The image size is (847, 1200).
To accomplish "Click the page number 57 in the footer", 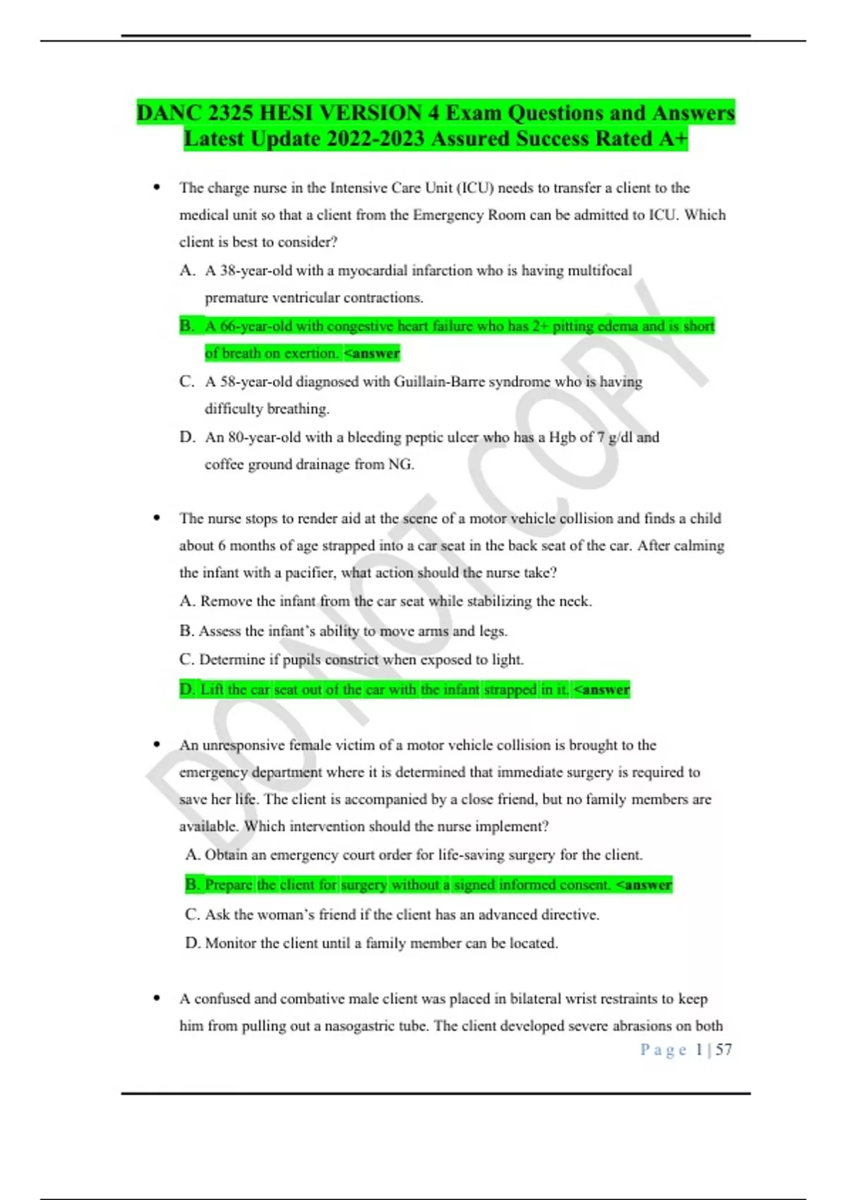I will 723,1050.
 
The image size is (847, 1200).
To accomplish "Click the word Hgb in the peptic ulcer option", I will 562,438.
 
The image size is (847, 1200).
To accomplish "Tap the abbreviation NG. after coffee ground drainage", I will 401,464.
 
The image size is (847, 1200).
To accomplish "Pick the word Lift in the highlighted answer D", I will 211,690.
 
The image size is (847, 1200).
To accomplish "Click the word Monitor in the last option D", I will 230,943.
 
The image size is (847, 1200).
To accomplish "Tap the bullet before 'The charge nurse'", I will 157,188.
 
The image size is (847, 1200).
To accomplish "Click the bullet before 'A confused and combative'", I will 157,999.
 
